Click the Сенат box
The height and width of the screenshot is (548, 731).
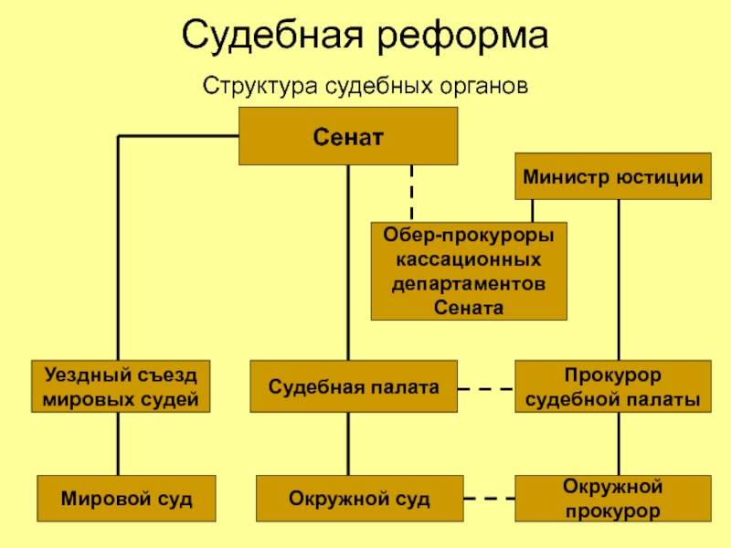[348, 136]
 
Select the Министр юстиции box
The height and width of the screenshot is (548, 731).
[613, 176]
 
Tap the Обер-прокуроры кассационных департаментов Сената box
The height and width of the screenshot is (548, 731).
[469, 271]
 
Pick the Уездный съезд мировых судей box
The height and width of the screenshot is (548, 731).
[121, 386]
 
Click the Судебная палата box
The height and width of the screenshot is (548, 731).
[354, 386]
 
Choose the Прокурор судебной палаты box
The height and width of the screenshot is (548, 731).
[613, 386]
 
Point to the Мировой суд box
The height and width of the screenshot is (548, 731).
[126, 498]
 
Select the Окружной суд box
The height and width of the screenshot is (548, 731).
[359, 498]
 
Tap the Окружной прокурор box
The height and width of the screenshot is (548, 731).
[613, 498]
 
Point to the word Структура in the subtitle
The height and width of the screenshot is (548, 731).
[260, 87]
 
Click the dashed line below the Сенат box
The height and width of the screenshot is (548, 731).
[412, 194]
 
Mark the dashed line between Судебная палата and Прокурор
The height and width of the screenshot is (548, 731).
[486, 389]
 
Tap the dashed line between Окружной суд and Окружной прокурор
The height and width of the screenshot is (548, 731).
[489, 498]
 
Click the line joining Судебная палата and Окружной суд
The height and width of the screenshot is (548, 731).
[348, 444]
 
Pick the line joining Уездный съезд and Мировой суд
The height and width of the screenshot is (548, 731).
[118, 444]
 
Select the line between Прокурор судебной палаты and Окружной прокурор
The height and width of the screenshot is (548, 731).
[619, 444]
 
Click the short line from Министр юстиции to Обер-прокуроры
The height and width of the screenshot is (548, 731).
[533, 211]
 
